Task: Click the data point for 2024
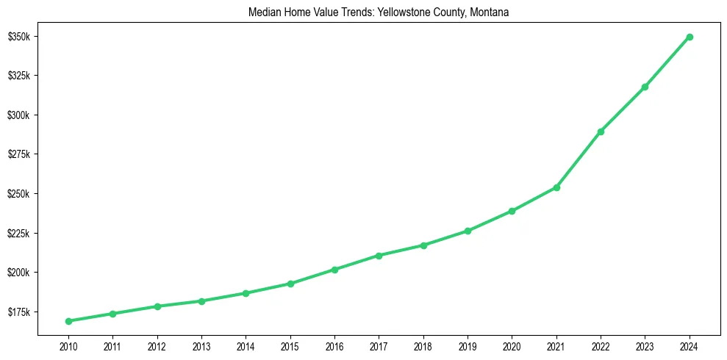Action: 690,37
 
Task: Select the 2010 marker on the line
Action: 68,321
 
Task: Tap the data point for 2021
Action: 556,187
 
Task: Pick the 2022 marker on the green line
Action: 601,132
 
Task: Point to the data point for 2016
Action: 334,270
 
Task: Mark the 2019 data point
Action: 468,231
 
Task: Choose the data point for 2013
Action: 201,301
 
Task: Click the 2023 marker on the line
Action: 645,87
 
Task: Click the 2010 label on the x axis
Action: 68,345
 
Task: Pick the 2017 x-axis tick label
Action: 379,345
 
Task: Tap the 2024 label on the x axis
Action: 690,345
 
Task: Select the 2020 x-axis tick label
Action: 512,345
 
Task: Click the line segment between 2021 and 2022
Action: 579,159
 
